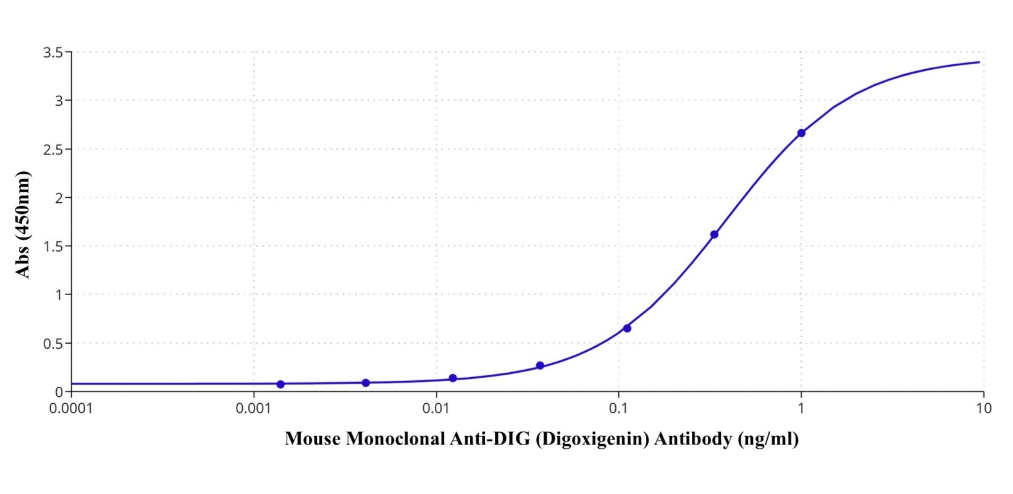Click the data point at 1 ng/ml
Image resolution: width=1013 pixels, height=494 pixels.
pos(801,133)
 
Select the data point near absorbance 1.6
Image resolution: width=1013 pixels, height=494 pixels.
pos(714,234)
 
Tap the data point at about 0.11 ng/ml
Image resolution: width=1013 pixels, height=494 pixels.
pos(627,328)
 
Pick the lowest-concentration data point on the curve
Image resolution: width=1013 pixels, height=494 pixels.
pos(280,384)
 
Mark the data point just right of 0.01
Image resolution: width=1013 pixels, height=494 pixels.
pos(453,378)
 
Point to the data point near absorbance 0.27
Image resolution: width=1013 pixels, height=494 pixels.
pos(540,365)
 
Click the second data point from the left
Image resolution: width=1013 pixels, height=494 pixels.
pos(366,383)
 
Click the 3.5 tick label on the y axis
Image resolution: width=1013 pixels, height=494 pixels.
pos(53,53)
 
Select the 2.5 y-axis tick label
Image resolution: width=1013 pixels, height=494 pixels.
pos(53,150)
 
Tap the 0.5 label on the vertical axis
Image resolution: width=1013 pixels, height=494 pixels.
pos(53,344)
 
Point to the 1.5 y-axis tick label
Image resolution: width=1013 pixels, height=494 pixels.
pos(53,247)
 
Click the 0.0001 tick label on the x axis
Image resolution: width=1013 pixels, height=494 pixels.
pos(71,409)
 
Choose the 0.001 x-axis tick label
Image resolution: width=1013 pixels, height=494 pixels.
pos(253,409)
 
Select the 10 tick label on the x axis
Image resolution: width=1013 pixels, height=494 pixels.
pos(983,409)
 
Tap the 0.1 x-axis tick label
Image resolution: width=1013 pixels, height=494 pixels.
pos(618,409)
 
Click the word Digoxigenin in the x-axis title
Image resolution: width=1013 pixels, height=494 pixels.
pos(593,439)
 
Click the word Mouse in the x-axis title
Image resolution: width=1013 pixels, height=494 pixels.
pos(312,439)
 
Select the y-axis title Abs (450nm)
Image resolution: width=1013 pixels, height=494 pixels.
pos(22,225)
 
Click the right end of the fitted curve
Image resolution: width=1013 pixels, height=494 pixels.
pos(979,62)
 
